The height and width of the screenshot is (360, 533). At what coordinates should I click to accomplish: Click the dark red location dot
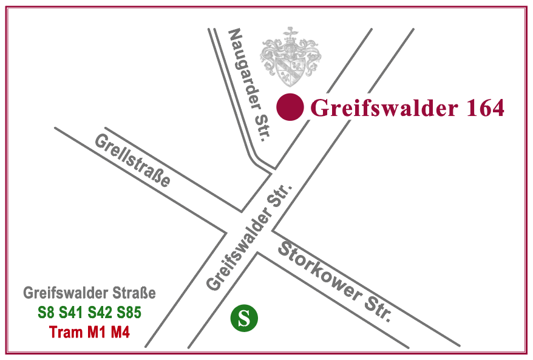pyautogui.click(x=290, y=108)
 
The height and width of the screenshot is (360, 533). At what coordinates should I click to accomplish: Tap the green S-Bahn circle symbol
pyautogui.click(x=244, y=318)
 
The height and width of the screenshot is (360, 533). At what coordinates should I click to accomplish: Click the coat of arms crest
pyautogui.click(x=290, y=56)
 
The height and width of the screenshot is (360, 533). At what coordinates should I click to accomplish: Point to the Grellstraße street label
pyautogui.click(x=132, y=160)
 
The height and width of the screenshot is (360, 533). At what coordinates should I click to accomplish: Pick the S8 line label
pyautogui.click(x=46, y=314)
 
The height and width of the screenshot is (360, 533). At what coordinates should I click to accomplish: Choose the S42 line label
pyautogui.click(x=101, y=314)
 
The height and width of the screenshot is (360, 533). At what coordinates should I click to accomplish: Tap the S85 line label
pyautogui.click(x=129, y=314)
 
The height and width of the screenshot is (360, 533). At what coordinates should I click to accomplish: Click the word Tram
pyautogui.click(x=64, y=333)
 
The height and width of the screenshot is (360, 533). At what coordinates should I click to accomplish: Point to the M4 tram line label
pyautogui.click(x=120, y=333)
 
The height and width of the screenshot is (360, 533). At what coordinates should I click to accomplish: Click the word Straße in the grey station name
pyautogui.click(x=135, y=294)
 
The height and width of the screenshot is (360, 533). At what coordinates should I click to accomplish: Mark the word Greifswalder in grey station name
pyautogui.click(x=67, y=294)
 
